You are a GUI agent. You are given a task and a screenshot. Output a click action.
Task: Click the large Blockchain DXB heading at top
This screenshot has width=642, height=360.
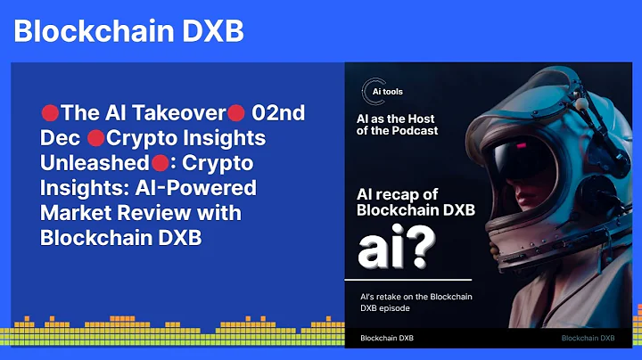coord(128,31)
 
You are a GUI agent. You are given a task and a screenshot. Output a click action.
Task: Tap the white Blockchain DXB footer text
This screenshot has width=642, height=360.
coord(386,339)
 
